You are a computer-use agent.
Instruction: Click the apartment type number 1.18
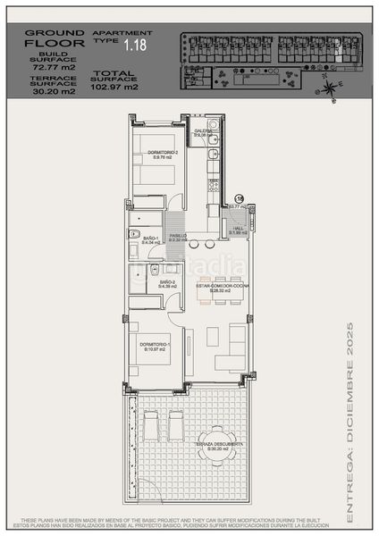point(136,44)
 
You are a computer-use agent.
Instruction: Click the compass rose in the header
point(330,86)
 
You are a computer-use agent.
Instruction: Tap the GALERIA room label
point(203,133)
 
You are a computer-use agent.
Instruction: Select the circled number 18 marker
point(239,198)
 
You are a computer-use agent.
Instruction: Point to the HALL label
point(238,229)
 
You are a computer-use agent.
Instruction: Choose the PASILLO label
point(179,237)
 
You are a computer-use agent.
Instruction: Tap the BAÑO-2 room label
point(167,283)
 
